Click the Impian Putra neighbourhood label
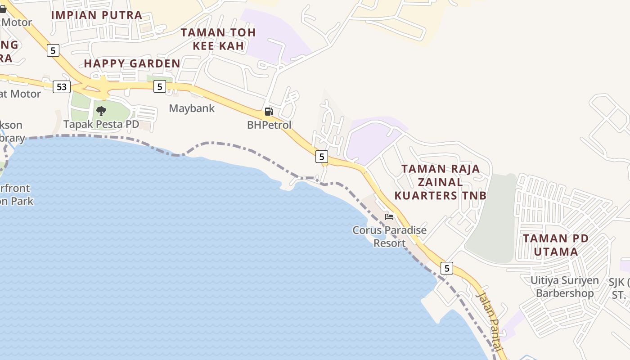coord(97,15)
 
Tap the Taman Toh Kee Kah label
coord(218,39)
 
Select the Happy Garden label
coord(132,63)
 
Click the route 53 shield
coord(62,86)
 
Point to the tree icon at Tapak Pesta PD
coord(101,110)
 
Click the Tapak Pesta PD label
coord(101,124)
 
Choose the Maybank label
coord(192,108)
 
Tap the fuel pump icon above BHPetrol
coord(269,112)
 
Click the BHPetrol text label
coord(269,125)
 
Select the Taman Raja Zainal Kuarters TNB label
coord(441,182)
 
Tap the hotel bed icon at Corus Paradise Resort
coord(389,217)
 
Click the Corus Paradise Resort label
coord(389,237)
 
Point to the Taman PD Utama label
coord(556,245)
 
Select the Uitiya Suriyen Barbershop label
coord(564,287)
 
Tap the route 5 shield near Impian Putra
coord(53,50)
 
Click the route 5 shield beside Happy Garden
coord(159,86)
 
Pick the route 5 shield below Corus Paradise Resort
coord(446,268)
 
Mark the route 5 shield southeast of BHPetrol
coord(321,157)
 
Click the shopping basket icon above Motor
coord(3,9)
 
